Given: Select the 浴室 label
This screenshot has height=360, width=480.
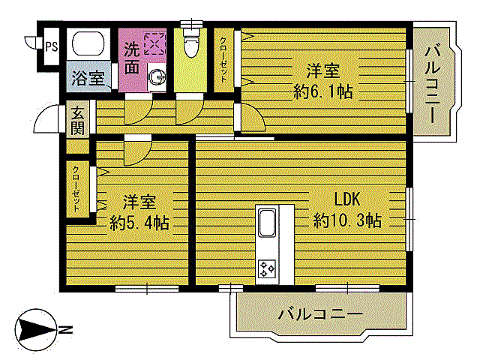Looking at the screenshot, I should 88,78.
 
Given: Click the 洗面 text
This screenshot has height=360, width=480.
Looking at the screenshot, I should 131,58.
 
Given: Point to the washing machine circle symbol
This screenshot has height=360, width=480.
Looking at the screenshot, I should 157,76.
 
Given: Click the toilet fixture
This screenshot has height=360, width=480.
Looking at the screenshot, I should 191,45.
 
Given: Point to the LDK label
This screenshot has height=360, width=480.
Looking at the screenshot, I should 348,200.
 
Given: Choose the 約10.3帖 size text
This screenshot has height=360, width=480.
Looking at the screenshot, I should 348,221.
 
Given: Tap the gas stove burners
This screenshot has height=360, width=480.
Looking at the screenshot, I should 268,268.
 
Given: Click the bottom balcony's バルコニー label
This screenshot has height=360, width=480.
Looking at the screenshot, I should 320,313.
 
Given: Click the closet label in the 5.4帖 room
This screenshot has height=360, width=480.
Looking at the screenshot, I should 76,190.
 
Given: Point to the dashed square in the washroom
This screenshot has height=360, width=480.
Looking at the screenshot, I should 155,44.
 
